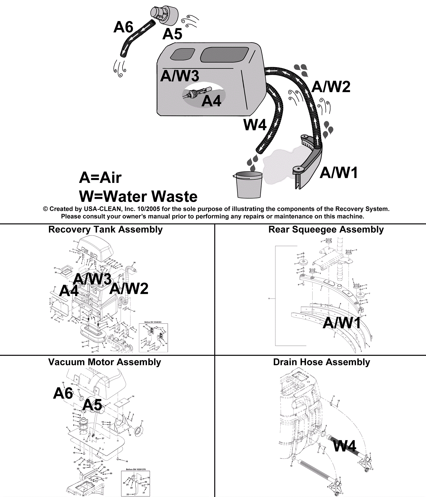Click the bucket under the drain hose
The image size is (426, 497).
tap(249, 185)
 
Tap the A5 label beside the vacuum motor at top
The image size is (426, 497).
tap(172, 34)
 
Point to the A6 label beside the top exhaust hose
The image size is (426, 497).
tap(123, 27)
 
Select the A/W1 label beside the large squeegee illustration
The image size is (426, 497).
tap(339, 173)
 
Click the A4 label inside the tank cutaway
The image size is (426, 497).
tap(211, 101)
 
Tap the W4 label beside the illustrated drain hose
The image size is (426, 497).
tap(255, 125)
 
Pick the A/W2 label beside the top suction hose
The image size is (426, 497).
tap(331, 87)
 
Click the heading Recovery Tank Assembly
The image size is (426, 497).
tap(105, 229)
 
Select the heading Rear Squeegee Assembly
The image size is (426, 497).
tap(326, 229)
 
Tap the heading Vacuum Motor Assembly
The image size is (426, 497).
tap(105, 362)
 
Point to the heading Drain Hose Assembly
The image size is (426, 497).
tap(322, 362)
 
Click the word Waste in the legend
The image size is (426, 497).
tap(175, 196)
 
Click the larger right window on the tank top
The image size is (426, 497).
tap(224, 55)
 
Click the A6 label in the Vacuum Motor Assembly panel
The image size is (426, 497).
tap(63, 393)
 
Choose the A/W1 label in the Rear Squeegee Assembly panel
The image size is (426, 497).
tap(342, 323)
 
